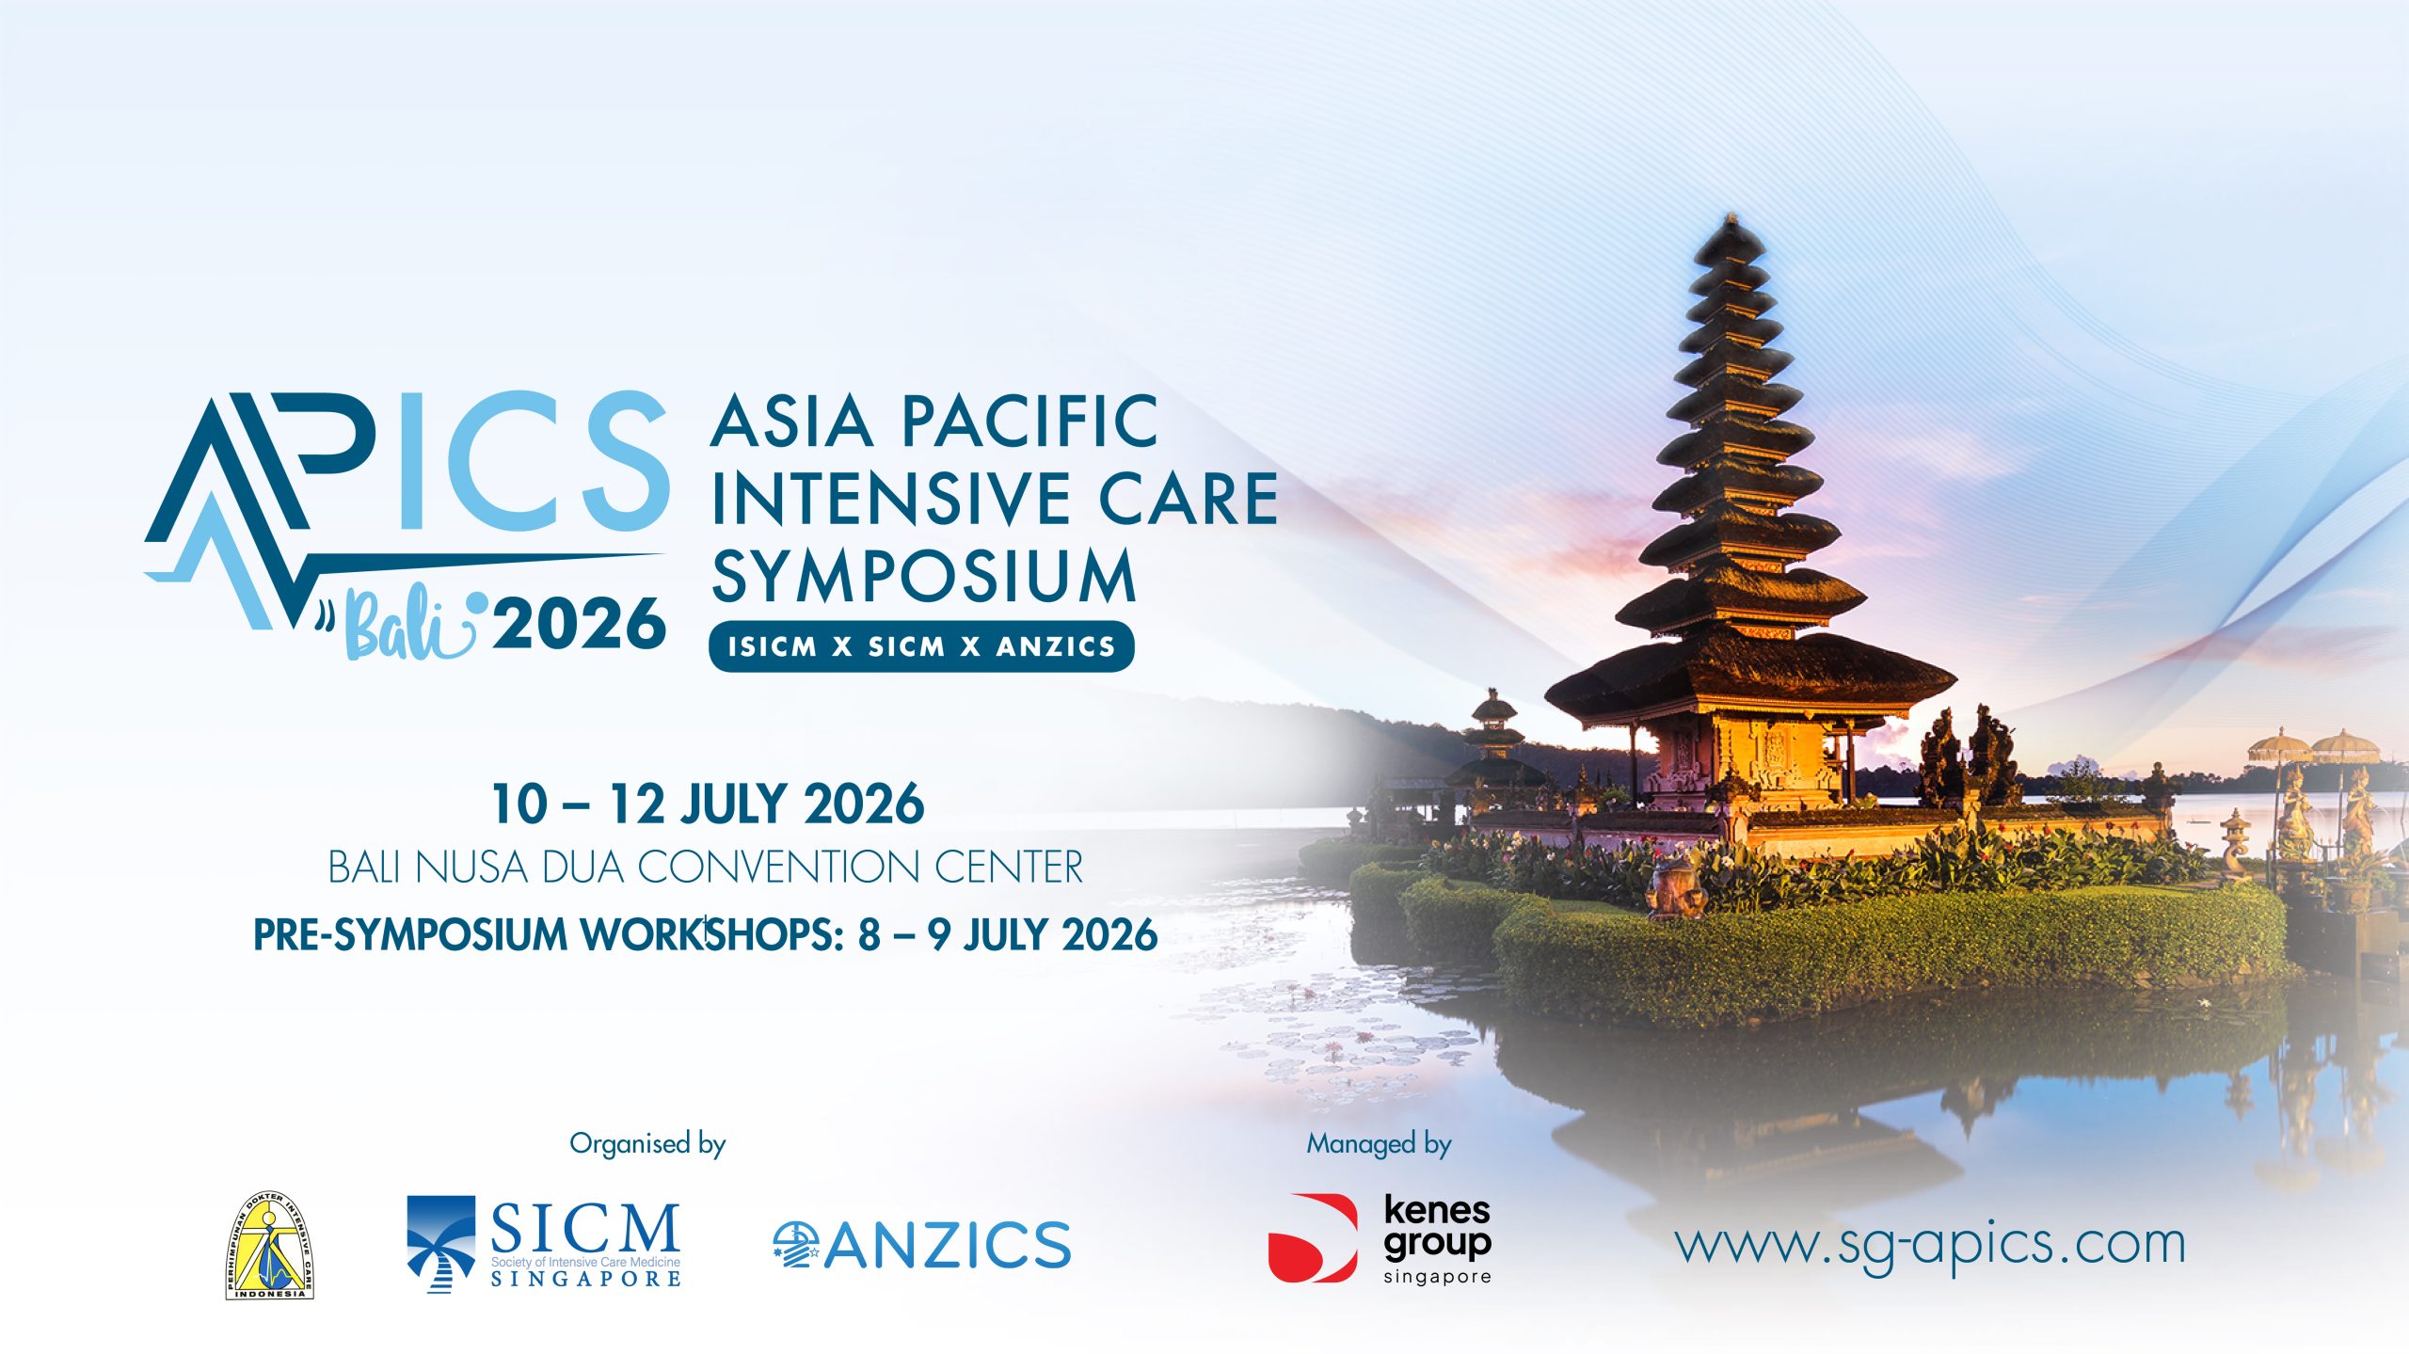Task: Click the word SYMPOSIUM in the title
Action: click(924, 575)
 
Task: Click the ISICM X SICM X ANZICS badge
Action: click(921, 646)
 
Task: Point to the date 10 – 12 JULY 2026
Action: click(708, 804)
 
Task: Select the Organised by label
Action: click(647, 1144)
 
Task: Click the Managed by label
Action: click(1379, 1144)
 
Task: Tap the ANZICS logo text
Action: click(949, 1245)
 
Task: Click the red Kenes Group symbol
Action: click(1313, 1238)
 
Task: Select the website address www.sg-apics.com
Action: click(1930, 1245)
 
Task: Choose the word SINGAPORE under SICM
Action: click(586, 1279)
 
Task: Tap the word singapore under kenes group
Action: click(1437, 1277)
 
